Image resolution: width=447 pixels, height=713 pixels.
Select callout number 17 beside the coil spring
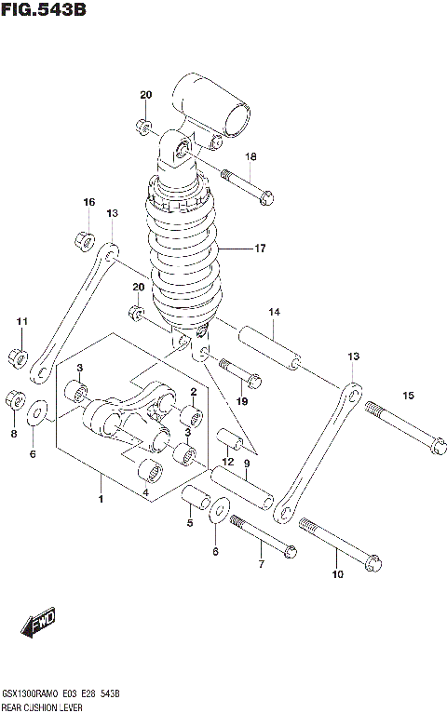coord(260,249)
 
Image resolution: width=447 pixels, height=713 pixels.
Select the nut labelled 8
coord(15,400)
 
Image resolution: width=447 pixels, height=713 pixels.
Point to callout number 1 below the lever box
coord(101,499)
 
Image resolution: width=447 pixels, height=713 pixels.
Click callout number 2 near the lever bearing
coord(193,392)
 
